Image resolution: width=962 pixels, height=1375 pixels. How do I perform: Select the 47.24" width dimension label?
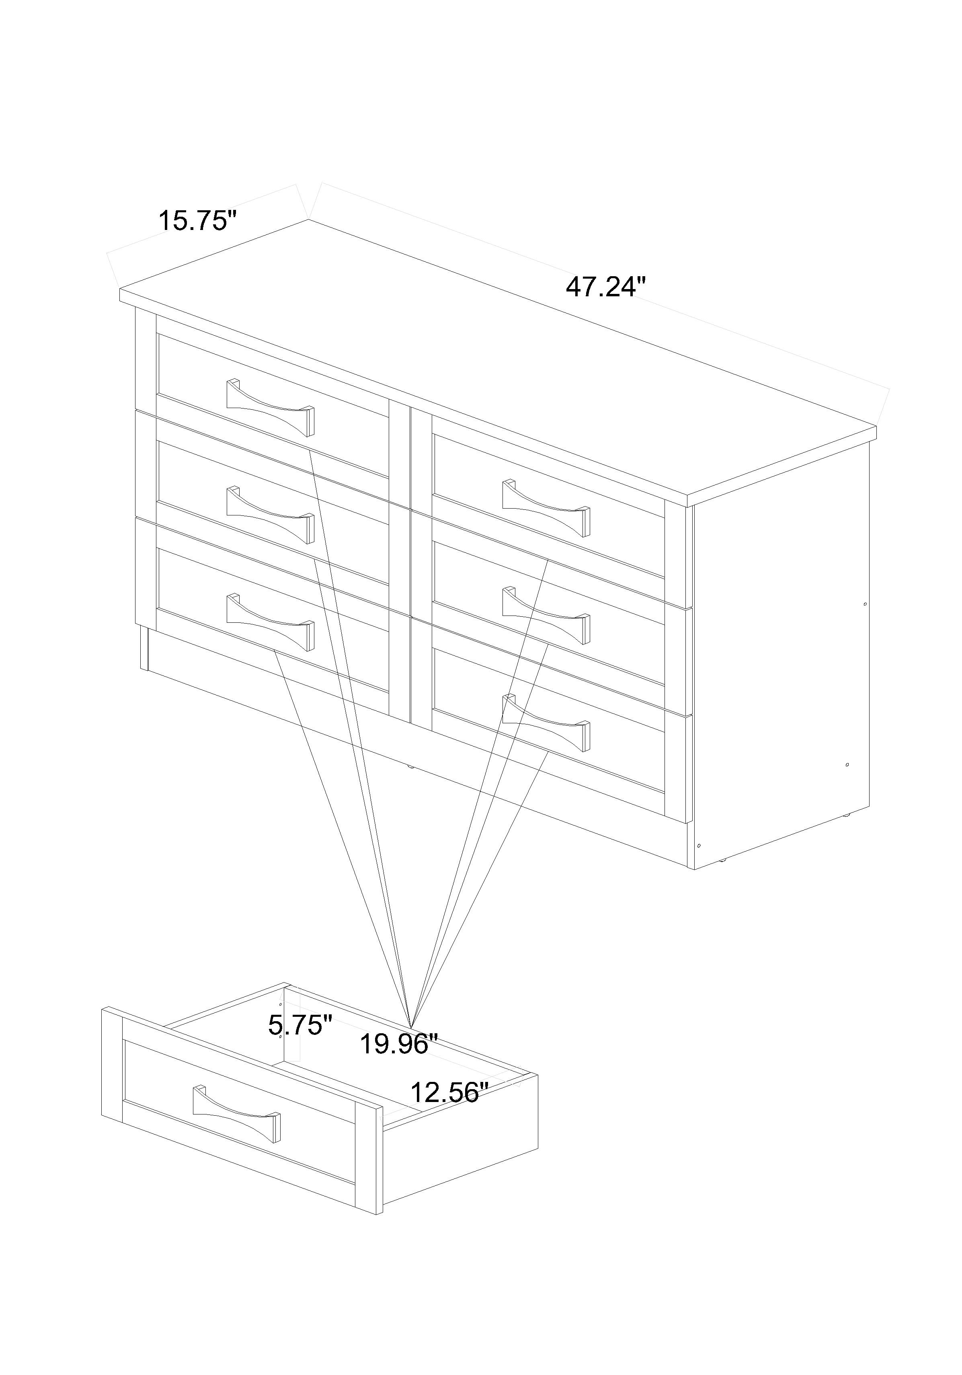606,287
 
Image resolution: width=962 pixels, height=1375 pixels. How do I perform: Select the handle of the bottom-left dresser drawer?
270,622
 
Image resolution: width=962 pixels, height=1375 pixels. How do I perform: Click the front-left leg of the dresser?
144,648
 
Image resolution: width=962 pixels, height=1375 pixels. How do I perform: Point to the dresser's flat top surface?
497,359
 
